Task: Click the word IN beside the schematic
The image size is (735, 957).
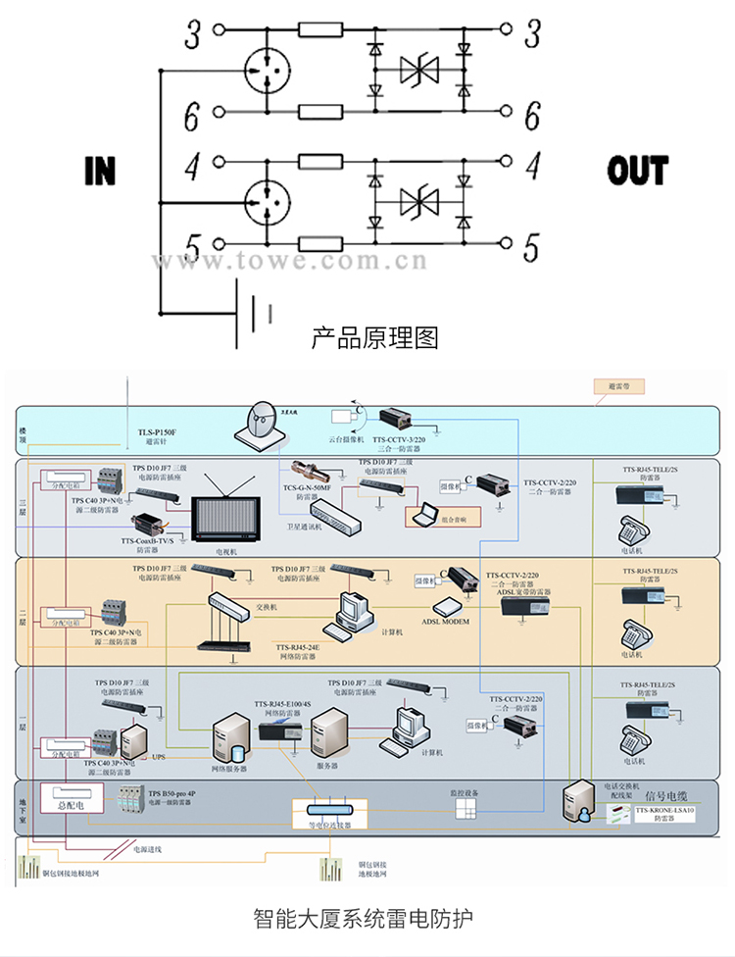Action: click(100, 170)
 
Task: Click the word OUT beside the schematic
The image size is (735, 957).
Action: click(637, 170)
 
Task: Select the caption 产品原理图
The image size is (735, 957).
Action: click(374, 339)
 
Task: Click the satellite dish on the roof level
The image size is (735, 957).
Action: click(257, 423)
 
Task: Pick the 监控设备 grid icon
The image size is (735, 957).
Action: click(465, 808)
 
